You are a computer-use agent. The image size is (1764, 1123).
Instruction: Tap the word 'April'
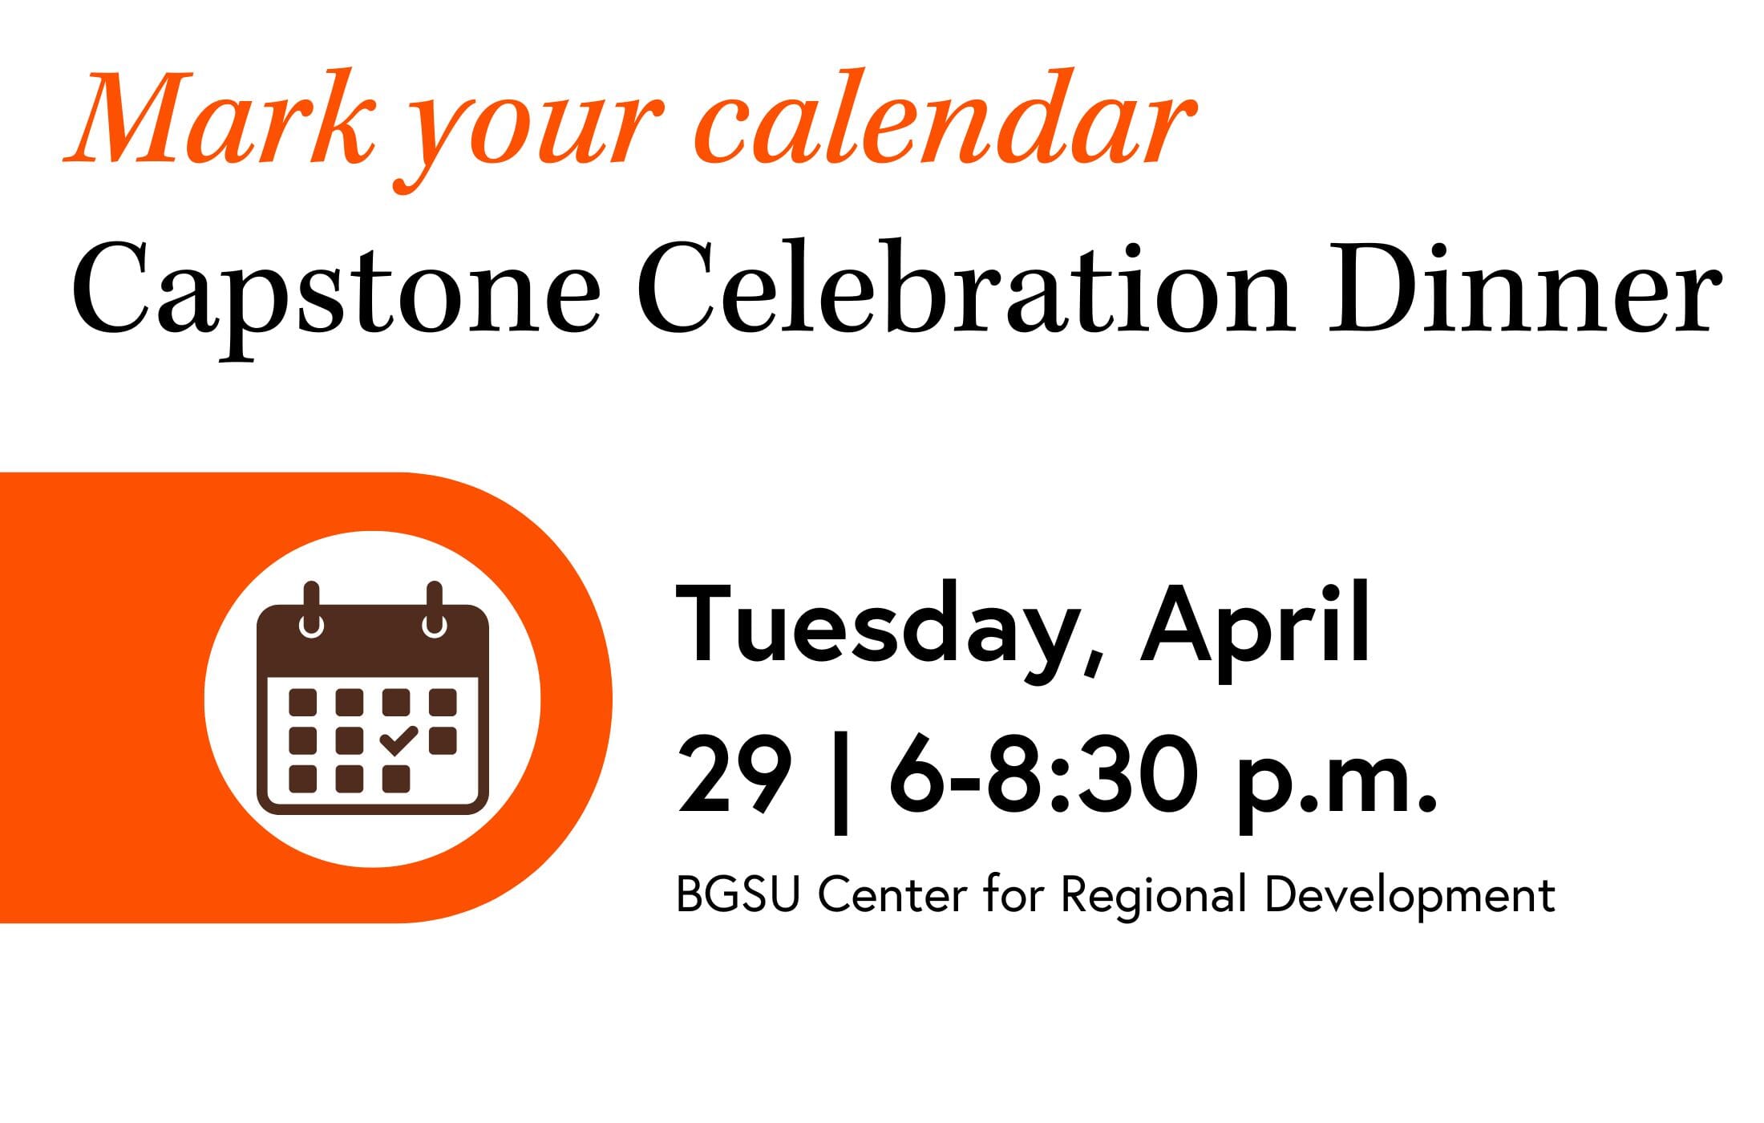[x=1255, y=630]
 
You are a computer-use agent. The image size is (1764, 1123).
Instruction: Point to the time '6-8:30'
[x=1042, y=775]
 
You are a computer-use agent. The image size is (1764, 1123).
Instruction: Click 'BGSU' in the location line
[x=738, y=894]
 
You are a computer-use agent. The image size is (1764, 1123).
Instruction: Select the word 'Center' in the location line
[x=892, y=894]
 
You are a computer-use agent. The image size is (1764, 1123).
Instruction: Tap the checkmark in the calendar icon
[x=399, y=740]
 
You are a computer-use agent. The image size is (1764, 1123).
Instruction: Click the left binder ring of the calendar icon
[x=311, y=610]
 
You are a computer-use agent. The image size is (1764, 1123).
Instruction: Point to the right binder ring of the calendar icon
[x=434, y=610]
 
